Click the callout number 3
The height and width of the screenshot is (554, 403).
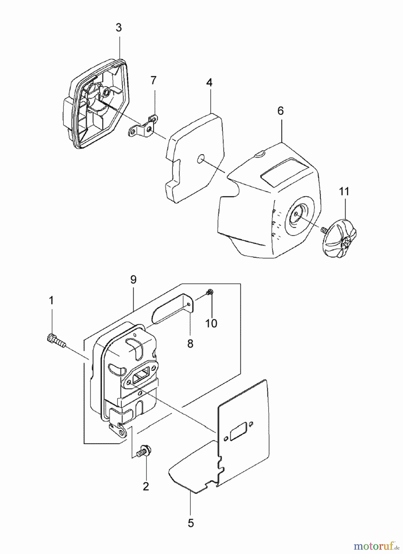pyautogui.click(x=119, y=28)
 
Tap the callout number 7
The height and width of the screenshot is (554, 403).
pyautogui.click(x=153, y=80)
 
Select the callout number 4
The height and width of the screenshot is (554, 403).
pyautogui.click(x=209, y=82)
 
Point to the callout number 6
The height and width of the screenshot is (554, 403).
pyautogui.click(x=280, y=111)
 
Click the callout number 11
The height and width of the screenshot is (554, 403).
pyautogui.click(x=344, y=191)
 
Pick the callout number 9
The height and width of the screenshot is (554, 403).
pyautogui.click(x=133, y=280)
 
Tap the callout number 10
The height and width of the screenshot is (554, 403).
pyautogui.click(x=211, y=323)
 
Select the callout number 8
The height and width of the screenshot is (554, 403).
pyautogui.click(x=190, y=343)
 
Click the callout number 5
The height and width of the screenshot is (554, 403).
pyautogui.click(x=191, y=523)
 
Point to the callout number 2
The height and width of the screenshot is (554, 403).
pyautogui.click(x=146, y=486)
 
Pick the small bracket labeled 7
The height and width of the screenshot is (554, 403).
pyautogui.click(x=142, y=128)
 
